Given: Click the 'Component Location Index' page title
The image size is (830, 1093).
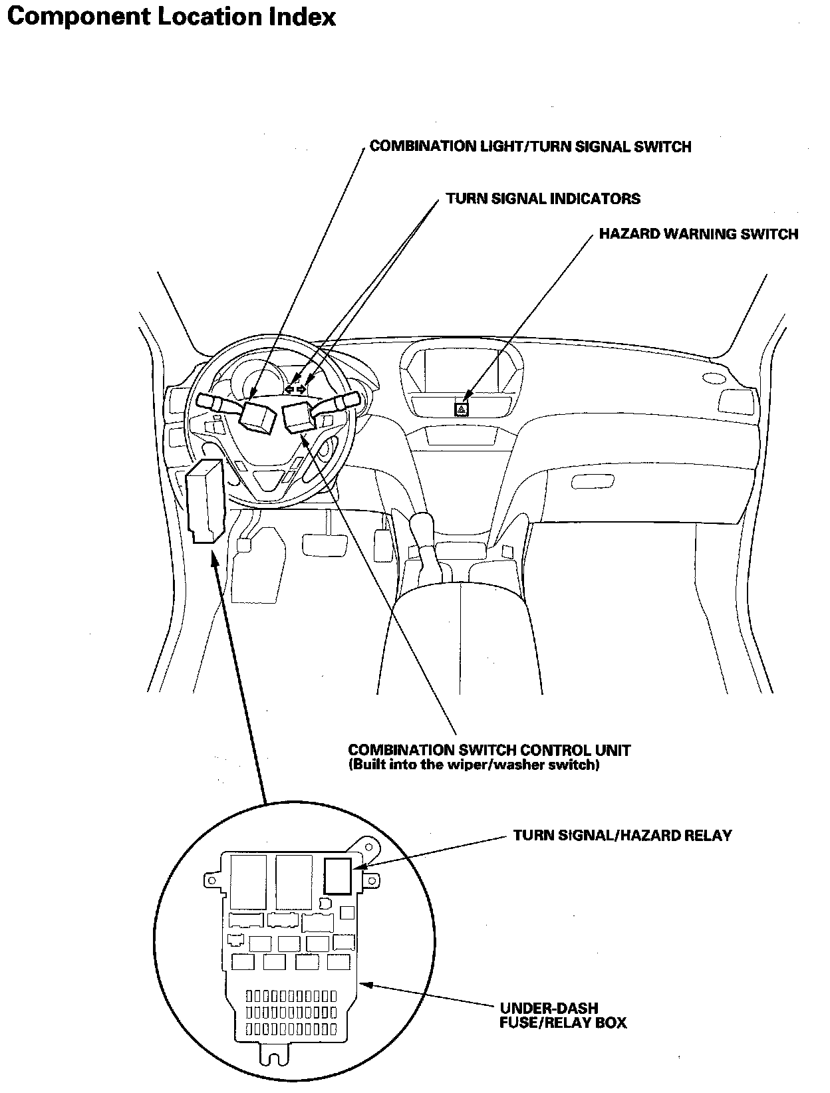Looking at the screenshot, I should tap(171, 17).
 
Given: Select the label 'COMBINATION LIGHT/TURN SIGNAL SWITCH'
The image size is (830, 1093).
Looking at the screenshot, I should tap(530, 146).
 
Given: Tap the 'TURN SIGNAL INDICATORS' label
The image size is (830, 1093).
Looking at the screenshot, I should tap(543, 198).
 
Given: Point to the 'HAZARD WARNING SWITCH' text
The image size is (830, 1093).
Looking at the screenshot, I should tap(698, 234).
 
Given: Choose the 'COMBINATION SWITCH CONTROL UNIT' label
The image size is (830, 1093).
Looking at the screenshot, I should tap(489, 750).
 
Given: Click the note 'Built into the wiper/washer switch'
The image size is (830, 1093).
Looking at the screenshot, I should tap(474, 765).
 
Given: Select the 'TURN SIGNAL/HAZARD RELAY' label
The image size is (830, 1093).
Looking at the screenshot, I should tap(622, 836).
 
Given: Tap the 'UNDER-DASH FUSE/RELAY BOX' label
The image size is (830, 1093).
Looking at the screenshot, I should tap(563, 1016).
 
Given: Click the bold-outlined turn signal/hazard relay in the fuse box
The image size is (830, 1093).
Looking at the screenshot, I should tap(339, 876).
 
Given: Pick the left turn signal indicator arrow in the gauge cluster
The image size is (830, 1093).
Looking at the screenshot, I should tap(290, 389).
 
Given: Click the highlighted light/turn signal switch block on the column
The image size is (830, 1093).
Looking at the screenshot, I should tap(257, 417).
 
